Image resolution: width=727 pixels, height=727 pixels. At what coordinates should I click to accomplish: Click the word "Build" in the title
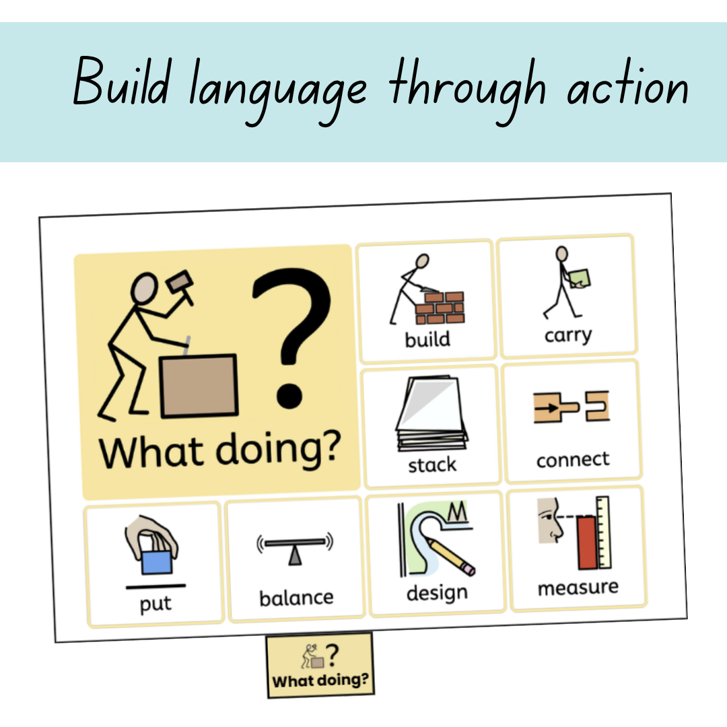tap(121, 82)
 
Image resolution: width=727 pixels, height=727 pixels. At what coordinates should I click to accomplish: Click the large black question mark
tap(291, 339)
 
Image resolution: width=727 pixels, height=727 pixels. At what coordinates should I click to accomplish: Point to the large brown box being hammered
tap(199, 386)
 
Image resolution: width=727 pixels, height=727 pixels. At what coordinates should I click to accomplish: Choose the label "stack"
tap(432, 465)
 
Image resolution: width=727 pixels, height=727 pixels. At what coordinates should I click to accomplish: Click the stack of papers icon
tap(431, 413)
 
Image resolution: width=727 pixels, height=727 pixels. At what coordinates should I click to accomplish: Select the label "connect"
tap(573, 460)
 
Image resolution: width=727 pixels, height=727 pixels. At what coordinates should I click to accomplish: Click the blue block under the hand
tap(157, 562)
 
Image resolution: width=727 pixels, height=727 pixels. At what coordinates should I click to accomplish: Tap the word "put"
tap(155, 604)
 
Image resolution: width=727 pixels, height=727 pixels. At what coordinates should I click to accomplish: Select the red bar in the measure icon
tap(588, 543)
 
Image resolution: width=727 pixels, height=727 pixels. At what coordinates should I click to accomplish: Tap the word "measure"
tap(578, 588)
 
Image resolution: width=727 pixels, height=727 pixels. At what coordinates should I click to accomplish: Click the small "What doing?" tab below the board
tap(320, 665)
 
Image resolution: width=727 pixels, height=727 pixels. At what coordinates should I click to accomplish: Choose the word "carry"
tap(568, 335)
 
